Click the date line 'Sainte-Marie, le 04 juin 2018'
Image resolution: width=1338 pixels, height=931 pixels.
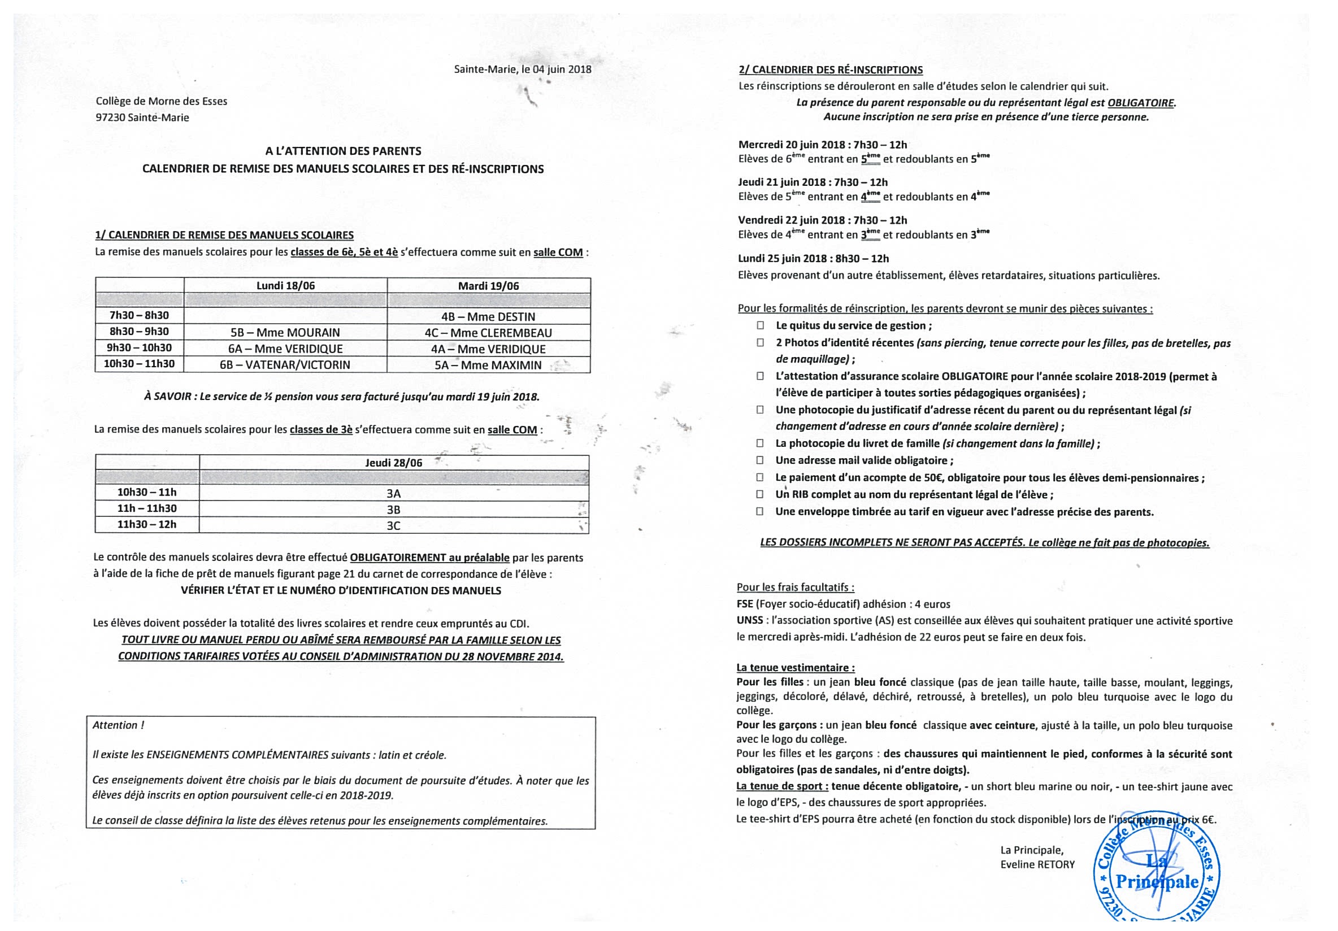tap(523, 69)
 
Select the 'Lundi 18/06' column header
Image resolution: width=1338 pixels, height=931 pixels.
tap(285, 285)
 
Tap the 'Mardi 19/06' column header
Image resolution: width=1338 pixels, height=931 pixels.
tap(488, 285)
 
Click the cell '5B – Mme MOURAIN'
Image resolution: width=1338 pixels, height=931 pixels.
tap(285, 333)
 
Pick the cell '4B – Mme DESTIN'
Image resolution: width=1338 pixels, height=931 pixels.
tap(488, 317)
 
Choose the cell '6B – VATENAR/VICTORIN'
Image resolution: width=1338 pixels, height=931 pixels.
tap(285, 366)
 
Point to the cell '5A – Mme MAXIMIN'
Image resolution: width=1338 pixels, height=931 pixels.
tap(488, 366)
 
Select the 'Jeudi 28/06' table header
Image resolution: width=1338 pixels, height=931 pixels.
tap(394, 463)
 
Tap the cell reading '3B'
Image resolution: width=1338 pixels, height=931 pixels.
tap(394, 510)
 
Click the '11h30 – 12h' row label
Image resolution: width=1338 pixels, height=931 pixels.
tap(147, 524)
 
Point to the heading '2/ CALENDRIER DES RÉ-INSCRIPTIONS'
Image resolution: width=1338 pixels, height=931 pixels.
tap(831, 70)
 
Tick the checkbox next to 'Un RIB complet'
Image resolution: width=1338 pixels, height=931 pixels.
tap(760, 495)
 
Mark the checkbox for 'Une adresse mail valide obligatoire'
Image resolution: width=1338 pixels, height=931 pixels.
tap(760, 460)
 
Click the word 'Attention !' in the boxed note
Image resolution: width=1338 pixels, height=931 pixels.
tap(118, 725)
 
